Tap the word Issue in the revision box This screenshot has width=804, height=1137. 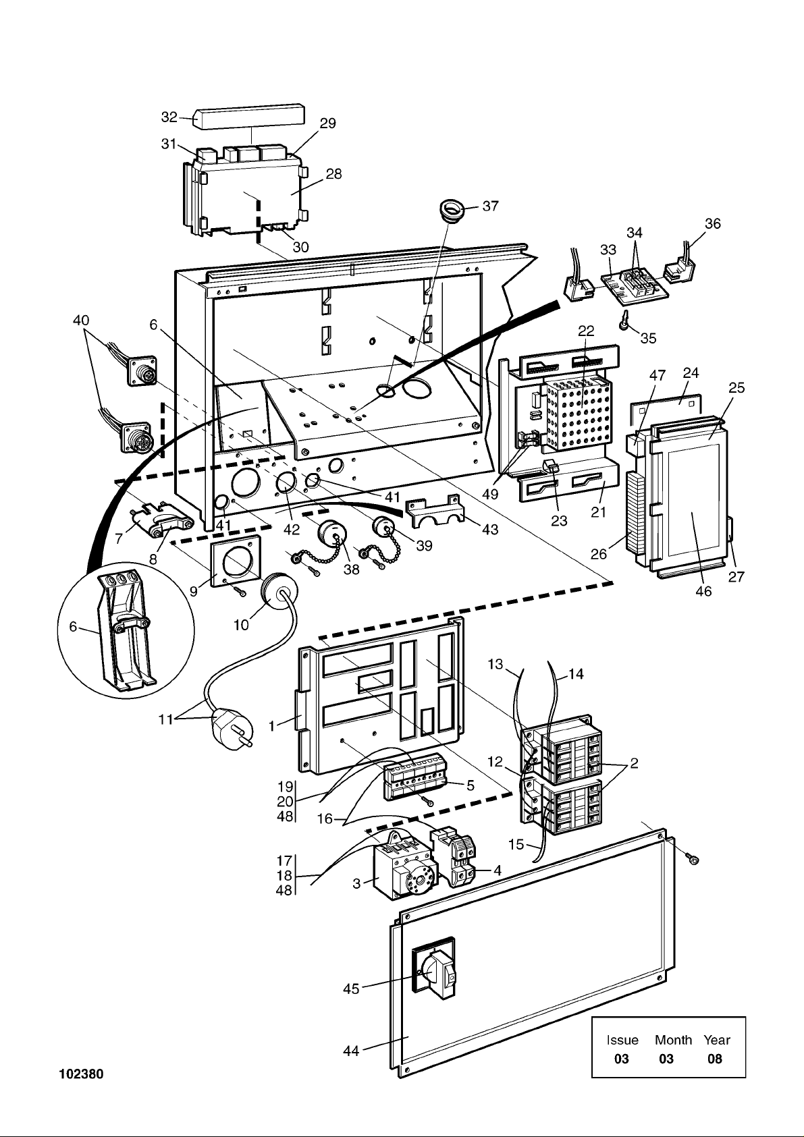622,1040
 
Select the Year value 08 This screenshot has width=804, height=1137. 714,1059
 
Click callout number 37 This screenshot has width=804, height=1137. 491,206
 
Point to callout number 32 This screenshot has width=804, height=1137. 168,117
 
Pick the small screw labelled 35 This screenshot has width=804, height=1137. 625,323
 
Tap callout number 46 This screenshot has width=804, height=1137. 703,592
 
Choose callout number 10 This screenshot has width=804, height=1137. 241,625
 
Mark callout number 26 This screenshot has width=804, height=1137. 599,554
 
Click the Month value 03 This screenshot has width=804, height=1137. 666,1059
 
